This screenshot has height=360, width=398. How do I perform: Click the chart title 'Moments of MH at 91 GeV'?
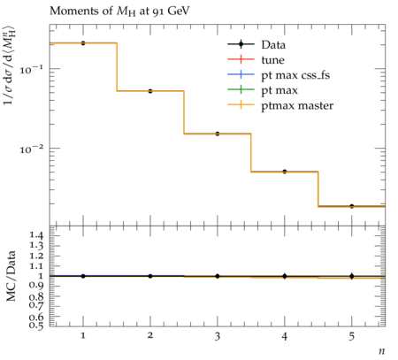point(119,11)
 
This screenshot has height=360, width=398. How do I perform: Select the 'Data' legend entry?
point(256,45)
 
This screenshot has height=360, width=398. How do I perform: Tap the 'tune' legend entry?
point(256,60)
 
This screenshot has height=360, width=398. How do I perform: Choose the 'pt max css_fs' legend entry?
point(279,75)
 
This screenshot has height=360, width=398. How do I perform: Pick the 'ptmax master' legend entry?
point(280,105)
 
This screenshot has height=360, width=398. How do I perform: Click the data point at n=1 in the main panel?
point(83,43)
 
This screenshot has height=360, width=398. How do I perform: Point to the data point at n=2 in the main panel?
point(150,91)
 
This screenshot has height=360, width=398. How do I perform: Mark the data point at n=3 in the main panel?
point(218,134)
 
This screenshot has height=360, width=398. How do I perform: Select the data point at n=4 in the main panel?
point(285,172)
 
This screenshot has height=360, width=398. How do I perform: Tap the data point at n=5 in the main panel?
point(352,206)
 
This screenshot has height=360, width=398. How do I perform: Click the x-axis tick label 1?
point(83,336)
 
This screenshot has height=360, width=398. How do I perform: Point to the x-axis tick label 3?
point(218,336)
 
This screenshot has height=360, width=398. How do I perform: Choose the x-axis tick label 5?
point(352,336)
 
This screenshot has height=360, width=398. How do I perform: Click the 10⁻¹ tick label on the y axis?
point(31,70)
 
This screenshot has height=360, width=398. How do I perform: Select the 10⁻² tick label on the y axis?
point(31,149)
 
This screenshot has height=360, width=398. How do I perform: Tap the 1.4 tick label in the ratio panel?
point(36,235)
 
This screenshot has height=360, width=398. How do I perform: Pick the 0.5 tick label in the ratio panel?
point(36,325)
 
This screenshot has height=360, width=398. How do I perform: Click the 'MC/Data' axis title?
point(11,276)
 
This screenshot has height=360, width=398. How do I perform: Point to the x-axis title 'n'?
point(382,351)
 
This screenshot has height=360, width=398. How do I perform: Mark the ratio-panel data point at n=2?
point(150,276)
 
